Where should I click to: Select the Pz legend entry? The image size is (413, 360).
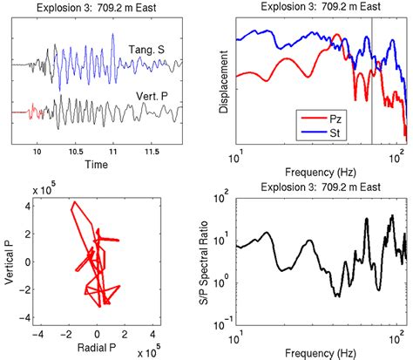pos(328,114)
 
